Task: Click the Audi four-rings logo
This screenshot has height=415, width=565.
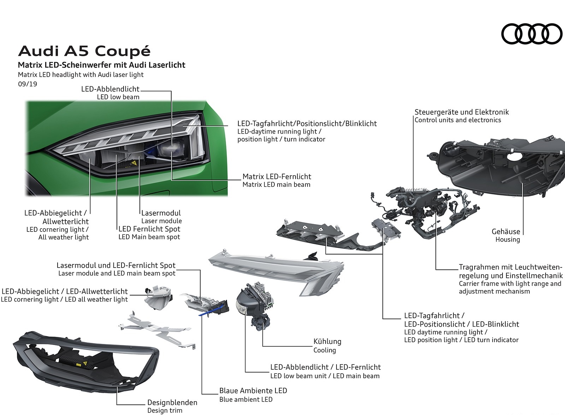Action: [531, 34]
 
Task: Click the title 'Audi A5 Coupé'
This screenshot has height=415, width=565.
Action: [84, 52]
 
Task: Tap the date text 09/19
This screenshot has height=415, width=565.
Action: [27, 84]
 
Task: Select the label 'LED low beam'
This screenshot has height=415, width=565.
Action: [118, 97]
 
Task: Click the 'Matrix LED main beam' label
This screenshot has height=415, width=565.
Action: [276, 185]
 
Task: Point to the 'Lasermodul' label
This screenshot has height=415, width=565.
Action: [161, 213]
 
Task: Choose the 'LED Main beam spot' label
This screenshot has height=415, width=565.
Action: [149, 237]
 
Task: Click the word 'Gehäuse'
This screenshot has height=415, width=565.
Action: [506, 232]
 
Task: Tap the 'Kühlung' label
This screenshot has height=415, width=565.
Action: [327, 341]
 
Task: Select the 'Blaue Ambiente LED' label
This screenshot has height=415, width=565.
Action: [253, 391]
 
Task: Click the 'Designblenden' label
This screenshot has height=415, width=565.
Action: [172, 402]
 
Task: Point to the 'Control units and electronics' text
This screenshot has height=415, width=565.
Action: [458, 120]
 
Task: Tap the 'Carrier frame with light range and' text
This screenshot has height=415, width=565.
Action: [510, 284]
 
